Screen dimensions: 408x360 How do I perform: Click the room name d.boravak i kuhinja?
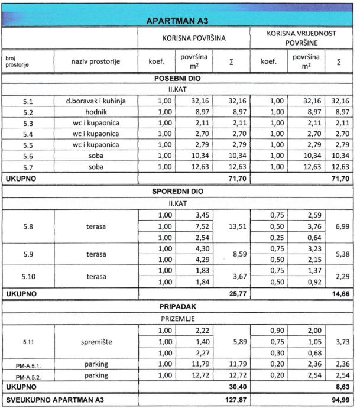tap(96, 101)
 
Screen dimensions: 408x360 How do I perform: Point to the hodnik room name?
tap(96, 112)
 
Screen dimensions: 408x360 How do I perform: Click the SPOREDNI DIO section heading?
tap(179, 192)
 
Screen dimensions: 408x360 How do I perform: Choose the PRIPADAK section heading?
tap(179, 306)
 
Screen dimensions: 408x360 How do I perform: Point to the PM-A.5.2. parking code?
tap(28, 377)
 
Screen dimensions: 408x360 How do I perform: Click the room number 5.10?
tap(28, 276)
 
